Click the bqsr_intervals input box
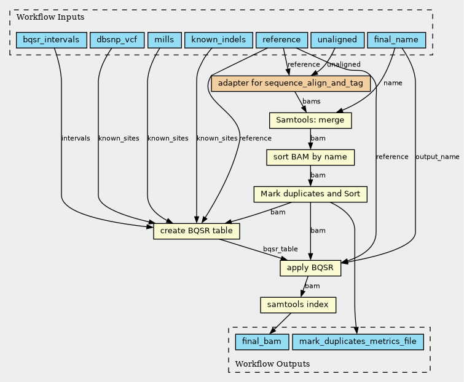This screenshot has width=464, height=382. click(51, 41)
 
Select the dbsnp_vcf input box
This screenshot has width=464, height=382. click(117, 41)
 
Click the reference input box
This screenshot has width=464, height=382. click(281, 41)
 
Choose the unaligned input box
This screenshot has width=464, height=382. click(337, 41)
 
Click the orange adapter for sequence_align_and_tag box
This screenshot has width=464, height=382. click(290, 84)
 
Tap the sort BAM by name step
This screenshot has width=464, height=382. click(310, 157)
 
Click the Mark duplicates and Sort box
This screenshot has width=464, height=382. click(310, 194)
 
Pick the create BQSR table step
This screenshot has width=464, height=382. click(196, 231)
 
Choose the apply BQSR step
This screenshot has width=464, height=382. click(310, 268)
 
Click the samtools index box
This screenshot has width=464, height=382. click(298, 304)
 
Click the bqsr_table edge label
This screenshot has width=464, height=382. click(280, 249)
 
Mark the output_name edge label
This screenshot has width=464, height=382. click(438, 157)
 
